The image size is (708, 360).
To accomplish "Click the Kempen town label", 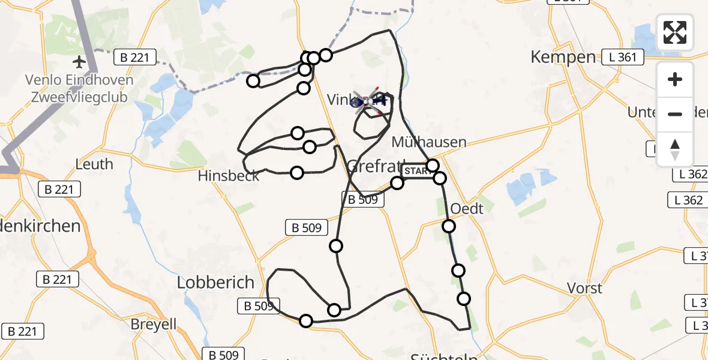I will coord(563,58).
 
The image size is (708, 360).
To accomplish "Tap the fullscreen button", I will coord(675,32).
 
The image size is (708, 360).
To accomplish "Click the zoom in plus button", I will coord(675,79).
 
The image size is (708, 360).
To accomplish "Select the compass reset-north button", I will coord(675,149).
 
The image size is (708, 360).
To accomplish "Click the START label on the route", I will coord(416,171).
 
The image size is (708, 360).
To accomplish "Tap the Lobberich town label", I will coord(216,283).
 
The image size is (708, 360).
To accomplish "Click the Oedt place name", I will coord(466,209).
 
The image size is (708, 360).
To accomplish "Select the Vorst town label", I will coord(585,288).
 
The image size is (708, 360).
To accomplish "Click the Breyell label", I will coord(155,325).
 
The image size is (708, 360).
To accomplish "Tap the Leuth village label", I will coord(94,164).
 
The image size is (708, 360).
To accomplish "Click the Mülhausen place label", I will coord(428,142).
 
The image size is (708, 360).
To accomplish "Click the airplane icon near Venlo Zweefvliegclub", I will coord(79,61).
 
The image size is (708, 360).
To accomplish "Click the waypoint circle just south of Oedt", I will coord(449,226).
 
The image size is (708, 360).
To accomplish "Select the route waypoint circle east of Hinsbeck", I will coord(297,173).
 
